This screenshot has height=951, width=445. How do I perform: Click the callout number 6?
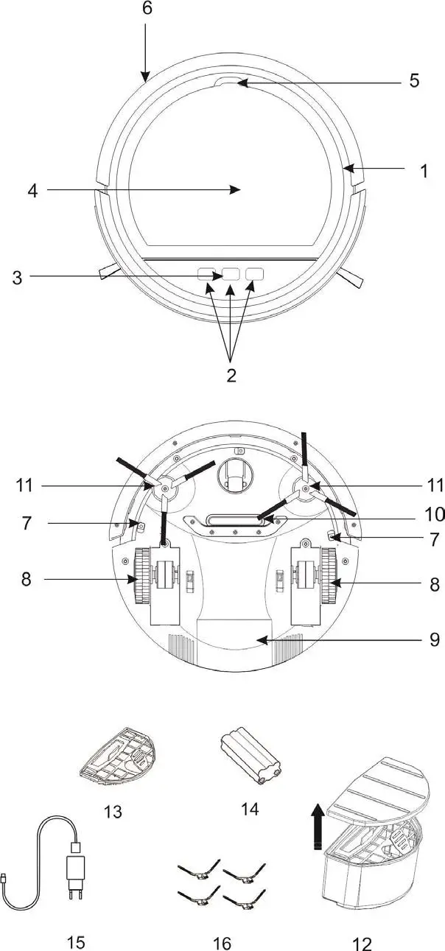pos(146,9)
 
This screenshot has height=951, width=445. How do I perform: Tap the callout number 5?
pos(414,80)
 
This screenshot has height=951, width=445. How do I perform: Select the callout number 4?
pos(32,190)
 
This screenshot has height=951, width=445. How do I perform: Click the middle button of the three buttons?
pos(231,274)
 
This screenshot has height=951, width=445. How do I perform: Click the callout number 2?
pos(231,375)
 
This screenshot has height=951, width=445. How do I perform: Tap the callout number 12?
pos(362,942)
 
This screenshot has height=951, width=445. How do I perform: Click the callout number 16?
pos(222,942)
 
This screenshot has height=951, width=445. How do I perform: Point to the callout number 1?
pos(424,171)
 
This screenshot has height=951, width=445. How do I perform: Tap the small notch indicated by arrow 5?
pos(228,83)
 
